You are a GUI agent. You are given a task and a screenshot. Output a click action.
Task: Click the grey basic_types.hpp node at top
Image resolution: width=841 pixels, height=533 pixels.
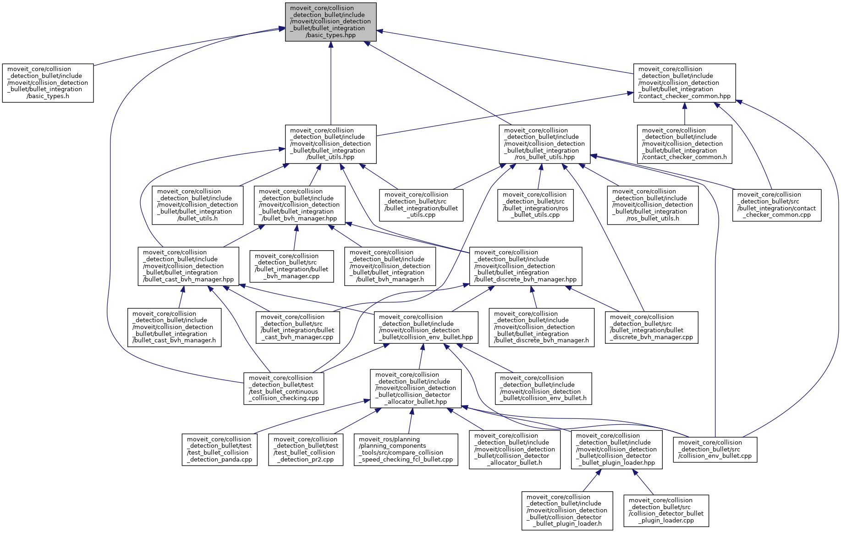pos(330,22)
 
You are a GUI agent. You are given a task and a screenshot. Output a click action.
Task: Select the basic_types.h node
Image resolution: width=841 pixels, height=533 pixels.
pos(48,83)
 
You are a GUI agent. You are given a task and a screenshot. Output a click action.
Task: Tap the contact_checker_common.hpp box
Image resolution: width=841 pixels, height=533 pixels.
pos(684,83)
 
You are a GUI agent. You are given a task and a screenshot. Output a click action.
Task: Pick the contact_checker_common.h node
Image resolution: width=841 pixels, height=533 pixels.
pos(684,144)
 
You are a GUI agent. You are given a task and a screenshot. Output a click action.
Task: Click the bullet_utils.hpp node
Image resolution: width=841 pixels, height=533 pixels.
pos(330,144)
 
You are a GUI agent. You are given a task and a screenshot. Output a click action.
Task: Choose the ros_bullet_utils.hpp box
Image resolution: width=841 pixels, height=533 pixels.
pos(544,144)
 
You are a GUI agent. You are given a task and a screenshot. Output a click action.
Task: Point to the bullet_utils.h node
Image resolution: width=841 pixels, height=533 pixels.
pos(198,205)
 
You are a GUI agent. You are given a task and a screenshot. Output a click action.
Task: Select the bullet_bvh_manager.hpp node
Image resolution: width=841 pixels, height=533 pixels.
pos(299,205)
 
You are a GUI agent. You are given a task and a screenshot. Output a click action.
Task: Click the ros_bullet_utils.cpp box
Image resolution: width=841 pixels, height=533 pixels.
pos(535,205)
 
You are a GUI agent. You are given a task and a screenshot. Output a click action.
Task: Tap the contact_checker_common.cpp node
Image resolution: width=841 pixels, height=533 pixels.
pos(776,205)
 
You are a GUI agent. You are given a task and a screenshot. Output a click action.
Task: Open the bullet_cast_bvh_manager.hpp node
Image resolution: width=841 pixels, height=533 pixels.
pos(188,266)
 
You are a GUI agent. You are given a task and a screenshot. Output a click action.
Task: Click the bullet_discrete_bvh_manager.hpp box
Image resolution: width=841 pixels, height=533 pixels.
pos(525,266)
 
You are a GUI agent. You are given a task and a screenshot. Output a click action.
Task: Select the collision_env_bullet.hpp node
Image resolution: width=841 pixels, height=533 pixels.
pos(426,327)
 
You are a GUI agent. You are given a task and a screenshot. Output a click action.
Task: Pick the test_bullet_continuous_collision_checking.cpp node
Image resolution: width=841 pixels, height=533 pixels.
pos(284,388)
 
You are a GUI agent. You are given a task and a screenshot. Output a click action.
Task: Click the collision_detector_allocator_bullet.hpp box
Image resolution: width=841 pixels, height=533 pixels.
pos(416,388)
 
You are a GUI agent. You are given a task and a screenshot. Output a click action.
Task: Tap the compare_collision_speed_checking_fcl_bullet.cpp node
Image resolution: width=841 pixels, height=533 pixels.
pos(406,450)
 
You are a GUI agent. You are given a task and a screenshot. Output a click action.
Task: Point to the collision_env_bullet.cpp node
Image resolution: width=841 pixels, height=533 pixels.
pos(715,450)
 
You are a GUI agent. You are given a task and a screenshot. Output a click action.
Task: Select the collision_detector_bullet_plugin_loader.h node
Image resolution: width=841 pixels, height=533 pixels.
pos(567,511)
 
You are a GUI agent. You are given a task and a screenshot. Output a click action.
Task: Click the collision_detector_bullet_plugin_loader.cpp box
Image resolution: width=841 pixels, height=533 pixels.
pos(666,511)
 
